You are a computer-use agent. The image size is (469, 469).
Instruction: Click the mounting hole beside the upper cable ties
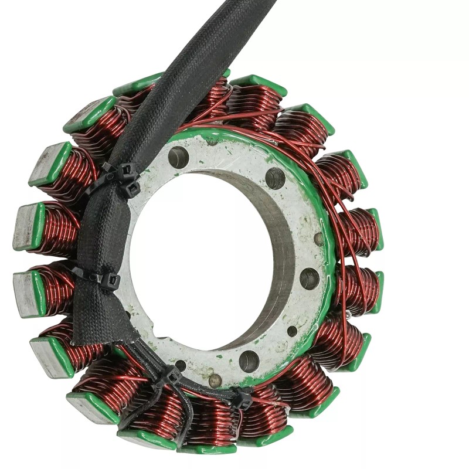tap(178, 157)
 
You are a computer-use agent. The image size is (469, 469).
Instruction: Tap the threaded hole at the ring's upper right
tap(275, 178)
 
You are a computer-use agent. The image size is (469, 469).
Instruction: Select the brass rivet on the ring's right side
tap(318, 239)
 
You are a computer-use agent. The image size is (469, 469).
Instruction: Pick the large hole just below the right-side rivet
tap(310, 278)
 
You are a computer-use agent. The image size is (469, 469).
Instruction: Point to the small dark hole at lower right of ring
tap(292, 331)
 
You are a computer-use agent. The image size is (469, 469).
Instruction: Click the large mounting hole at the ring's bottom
tap(249, 361)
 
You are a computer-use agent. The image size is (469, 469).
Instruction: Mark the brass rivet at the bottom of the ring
tap(215, 380)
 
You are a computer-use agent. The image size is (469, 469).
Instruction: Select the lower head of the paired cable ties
tap(132, 188)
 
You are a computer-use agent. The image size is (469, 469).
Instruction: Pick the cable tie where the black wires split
tap(172, 375)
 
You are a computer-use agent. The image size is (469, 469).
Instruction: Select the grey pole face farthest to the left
tap(23, 226)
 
